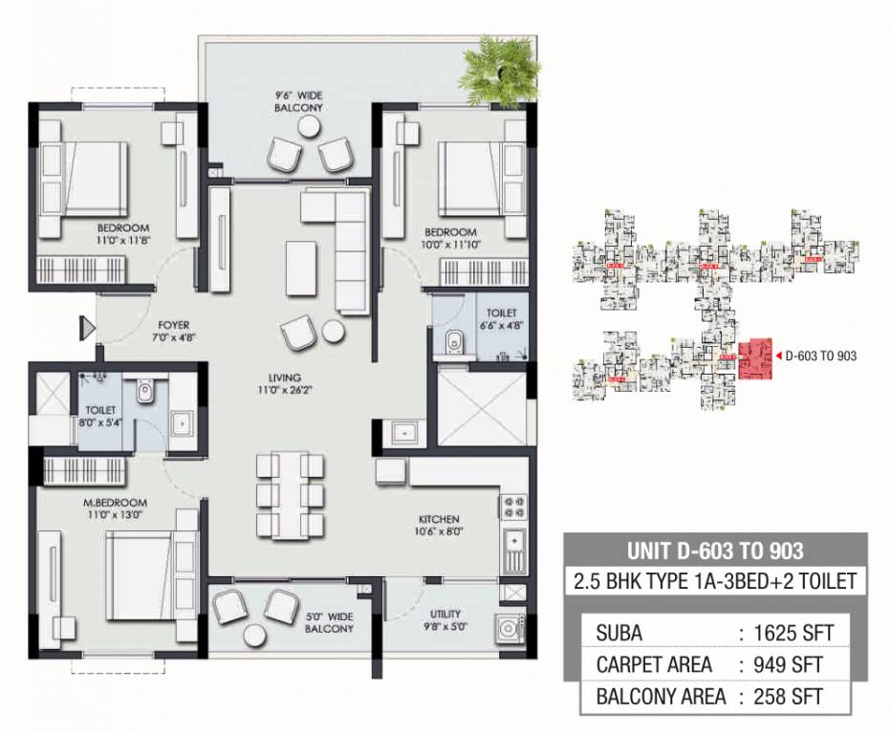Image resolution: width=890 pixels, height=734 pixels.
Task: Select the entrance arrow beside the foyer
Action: pos(87,329)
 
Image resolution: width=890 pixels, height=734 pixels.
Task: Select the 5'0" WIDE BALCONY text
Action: pos(332,621)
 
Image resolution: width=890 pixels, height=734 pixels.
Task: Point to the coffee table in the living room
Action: pos(303,262)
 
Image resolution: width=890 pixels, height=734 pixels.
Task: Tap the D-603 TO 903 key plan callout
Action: pos(819,355)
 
